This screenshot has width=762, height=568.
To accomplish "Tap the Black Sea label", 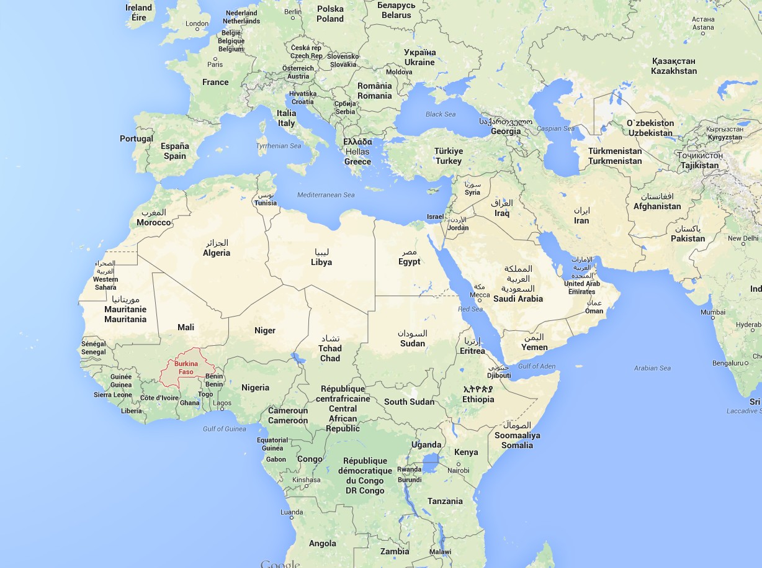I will pyautogui.click(x=441, y=114).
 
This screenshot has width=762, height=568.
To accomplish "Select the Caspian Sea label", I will pyautogui.click(x=555, y=128).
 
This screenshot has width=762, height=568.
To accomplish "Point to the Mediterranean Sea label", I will pyautogui.click(x=326, y=195).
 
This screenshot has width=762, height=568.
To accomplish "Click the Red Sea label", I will pyautogui.click(x=470, y=309).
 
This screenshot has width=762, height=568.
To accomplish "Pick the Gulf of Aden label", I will pyautogui.click(x=537, y=366).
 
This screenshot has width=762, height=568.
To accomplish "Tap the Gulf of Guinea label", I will pyautogui.click(x=224, y=429).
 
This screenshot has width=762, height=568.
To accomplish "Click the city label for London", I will pyautogui.click(x=197, y=24).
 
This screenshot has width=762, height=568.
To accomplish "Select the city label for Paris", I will pyautogui.click(x=215, y=64).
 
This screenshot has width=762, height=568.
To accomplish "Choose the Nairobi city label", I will pyautogui.click(x=459, y=471).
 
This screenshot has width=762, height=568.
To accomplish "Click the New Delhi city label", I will pyautogui.click(x=743, y=238).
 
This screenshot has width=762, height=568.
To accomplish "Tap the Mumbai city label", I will pyautogui.click(x=712, y=312).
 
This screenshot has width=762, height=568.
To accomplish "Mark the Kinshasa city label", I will pyautogui.click(x=307, y=480).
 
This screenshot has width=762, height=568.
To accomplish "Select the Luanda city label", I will pyautogui.click(x=292, y=513).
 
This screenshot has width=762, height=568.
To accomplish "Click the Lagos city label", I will pyautogui.click(x=222, y=403).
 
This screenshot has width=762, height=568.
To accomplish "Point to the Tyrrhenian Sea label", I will pyautogui.click(x=279, y=147).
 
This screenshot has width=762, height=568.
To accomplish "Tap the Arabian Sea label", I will pyautogui.click(x=652, y=368).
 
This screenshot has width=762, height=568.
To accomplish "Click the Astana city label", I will pyautogui.click(x=703, y=27).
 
